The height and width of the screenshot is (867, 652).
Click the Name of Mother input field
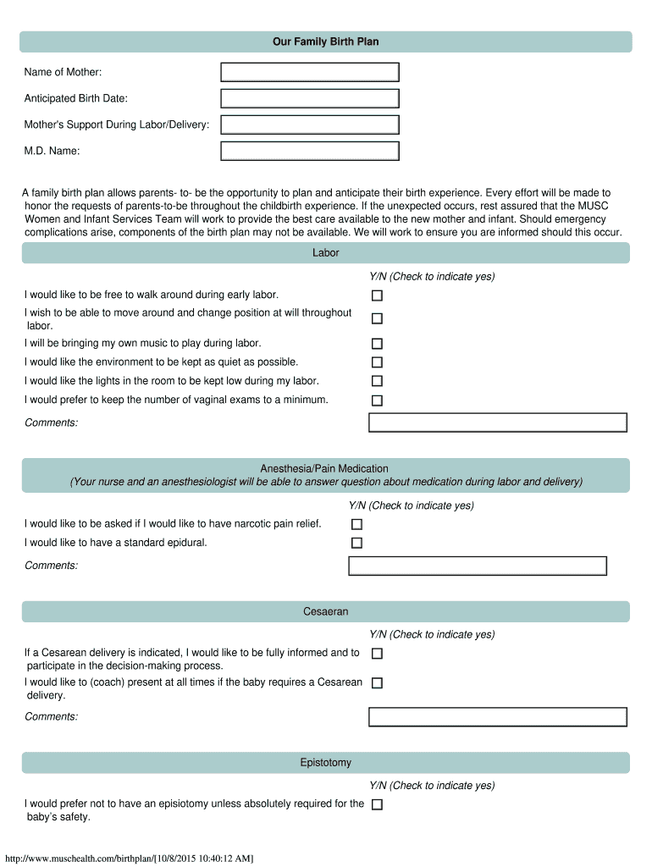(309, 72)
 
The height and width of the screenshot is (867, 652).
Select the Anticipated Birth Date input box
(309, 98)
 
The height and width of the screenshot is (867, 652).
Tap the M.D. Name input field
(309, 152)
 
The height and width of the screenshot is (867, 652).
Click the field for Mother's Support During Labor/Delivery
(309, 124)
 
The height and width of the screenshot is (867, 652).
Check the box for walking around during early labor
(377, 295)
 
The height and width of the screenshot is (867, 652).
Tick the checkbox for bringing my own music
(377, 344)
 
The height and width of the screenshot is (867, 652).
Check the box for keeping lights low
(377, 381)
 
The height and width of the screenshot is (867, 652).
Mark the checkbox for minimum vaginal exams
(377, 400)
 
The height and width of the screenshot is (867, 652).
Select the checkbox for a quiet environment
(377, 362)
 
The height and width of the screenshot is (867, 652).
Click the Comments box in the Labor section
(497, 422)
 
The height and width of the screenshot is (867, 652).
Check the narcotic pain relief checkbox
(356, 524)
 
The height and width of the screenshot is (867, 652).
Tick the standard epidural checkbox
(356, 543)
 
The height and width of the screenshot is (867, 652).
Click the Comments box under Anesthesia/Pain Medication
(478, 566)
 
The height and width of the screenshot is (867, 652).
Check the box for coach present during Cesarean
(377, 682)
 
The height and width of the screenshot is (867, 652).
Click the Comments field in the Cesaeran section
(497, 717)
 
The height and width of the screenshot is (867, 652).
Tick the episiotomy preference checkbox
(377, 804)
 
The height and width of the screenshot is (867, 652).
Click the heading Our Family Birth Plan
(325, 41)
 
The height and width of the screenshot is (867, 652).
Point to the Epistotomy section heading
(325, 763)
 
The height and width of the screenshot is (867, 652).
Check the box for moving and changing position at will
(377, 318)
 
